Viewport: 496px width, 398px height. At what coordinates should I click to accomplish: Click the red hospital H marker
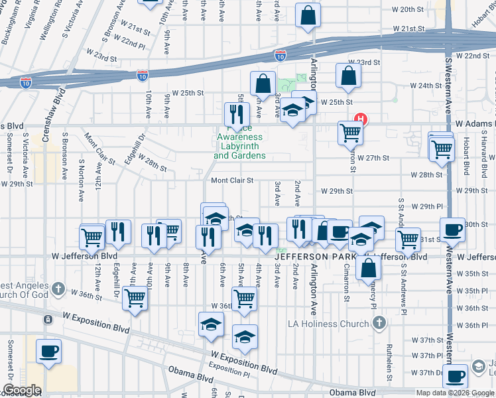click(x=361, y=120)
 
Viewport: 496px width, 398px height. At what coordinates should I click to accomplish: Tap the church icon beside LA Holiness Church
click(x=379, y=323)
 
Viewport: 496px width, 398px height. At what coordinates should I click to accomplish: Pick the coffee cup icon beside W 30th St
click(x=453, y=230)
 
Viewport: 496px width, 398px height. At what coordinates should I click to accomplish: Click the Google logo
click(x=22, y=389)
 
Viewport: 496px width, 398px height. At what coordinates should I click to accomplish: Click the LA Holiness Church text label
click(x=341, y=324)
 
